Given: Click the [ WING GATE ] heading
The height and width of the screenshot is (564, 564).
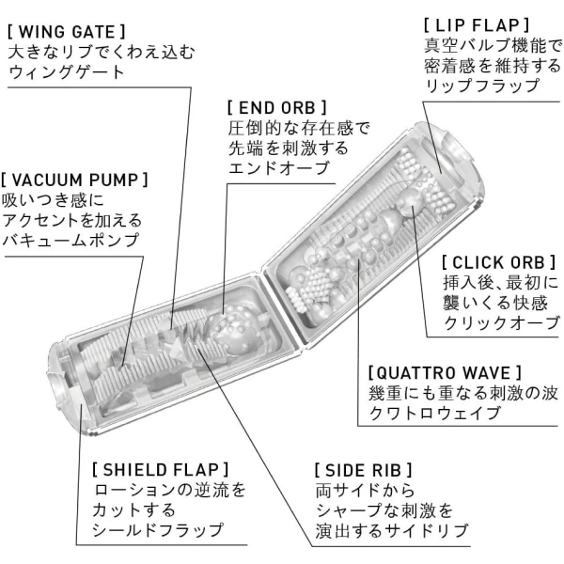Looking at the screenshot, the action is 67,32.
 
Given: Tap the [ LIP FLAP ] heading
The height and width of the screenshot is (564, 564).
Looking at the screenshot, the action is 477,25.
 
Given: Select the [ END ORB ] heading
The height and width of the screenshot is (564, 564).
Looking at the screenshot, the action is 277,107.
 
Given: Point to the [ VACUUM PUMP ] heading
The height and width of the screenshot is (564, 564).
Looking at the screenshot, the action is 74,180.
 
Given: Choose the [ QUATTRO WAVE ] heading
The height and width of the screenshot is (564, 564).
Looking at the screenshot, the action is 445,372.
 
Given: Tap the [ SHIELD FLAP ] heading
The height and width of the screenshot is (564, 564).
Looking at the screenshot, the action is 161,470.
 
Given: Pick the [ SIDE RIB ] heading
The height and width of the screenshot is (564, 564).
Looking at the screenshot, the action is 363,470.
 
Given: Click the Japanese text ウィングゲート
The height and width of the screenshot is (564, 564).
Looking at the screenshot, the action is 66,72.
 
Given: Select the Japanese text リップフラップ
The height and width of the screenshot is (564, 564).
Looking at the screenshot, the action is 482,86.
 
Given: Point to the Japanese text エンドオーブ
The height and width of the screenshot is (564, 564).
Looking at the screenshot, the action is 279,168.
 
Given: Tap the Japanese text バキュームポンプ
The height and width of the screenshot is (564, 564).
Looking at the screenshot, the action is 70,240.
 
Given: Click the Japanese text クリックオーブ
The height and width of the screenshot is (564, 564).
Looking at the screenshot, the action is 501,322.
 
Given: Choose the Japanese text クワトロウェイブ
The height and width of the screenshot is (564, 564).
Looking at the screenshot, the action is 434,413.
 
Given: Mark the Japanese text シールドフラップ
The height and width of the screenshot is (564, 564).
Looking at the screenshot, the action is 158,530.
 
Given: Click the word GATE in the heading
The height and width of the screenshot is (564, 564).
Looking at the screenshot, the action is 93,32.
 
